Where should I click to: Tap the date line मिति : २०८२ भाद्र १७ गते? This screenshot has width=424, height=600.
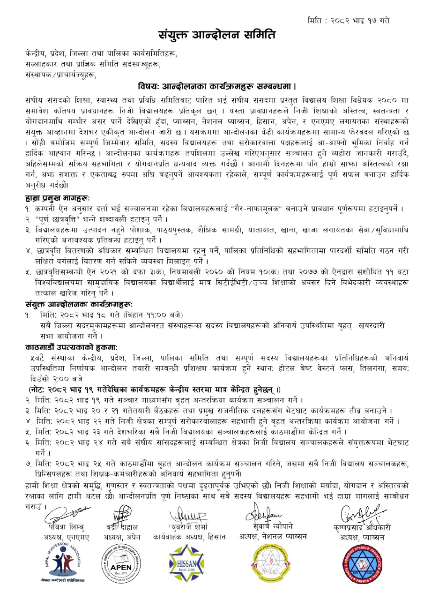click(349, 21)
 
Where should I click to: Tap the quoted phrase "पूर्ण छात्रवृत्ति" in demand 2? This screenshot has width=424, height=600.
click(64, 219)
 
